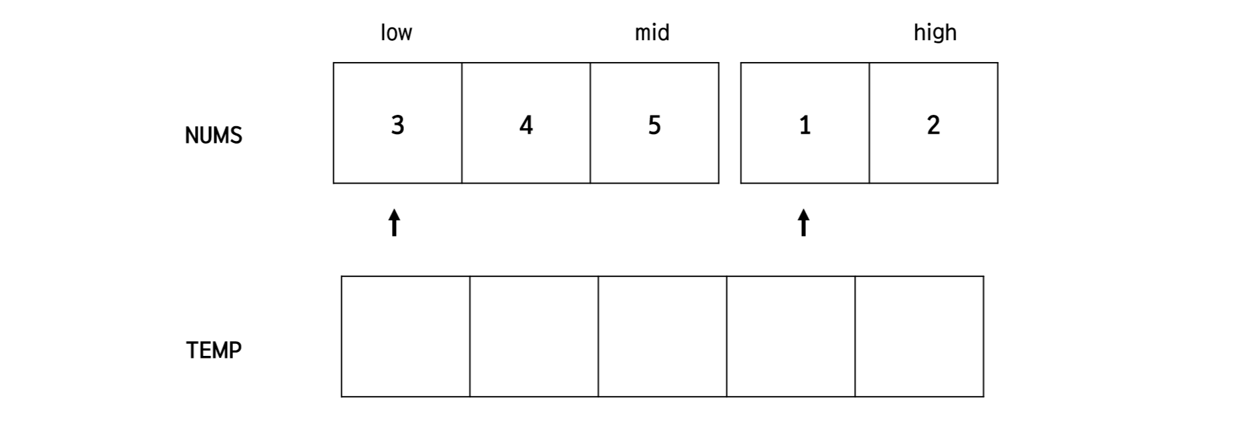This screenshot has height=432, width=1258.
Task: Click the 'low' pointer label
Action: pos(396,33)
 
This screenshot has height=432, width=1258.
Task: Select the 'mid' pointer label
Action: pos(652,33)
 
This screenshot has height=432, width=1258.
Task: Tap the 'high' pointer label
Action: pos(935,33)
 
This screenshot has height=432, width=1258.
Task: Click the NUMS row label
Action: pos(213,136)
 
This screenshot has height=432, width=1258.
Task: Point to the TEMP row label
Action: pos(214,350)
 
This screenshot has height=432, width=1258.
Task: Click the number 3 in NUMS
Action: pos(397,125)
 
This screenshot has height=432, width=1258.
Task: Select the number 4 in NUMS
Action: pos(526,125)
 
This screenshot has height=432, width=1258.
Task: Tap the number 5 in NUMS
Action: pos(654,125)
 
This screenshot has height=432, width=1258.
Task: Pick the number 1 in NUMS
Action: pos(805,125)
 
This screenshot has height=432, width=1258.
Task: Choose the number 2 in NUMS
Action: pos(933,125)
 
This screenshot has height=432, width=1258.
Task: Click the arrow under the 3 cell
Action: pos(395,223)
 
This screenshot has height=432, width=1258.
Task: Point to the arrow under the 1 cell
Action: pos(804,223)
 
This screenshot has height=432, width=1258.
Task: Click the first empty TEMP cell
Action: pos(405,337)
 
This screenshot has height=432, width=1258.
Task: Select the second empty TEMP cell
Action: pos(534,337)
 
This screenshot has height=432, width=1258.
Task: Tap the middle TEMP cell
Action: pos(662,337)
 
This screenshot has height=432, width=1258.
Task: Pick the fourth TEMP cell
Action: pos(791,337)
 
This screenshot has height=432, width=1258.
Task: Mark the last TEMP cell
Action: pos(919,337)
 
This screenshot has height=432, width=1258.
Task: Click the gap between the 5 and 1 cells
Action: pos(730,123)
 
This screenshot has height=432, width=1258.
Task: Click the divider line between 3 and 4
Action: pos(462,123)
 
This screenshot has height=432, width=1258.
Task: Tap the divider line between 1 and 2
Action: pos(869,123)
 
